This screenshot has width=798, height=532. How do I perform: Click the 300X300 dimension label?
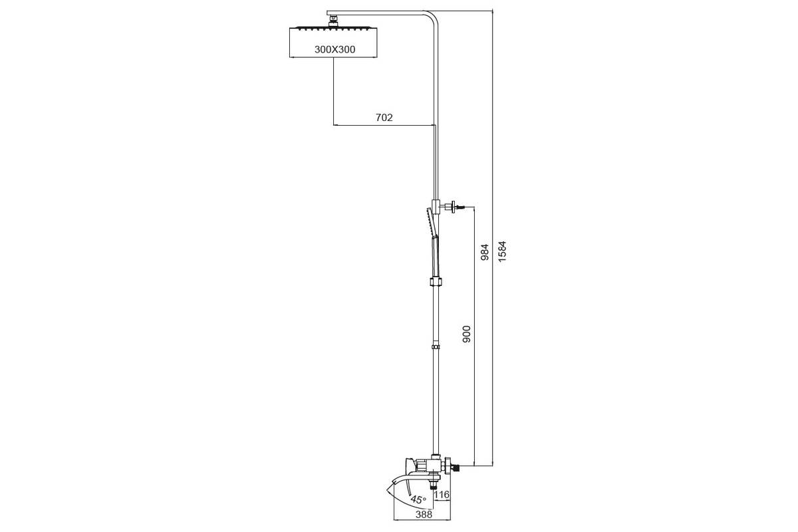(335, 49)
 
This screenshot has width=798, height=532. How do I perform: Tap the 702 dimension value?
(384, 117)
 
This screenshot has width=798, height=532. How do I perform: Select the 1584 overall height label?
(502, 251)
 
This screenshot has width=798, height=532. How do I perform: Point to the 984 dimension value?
(485, 252)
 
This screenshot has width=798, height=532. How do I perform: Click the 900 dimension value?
(467, 334)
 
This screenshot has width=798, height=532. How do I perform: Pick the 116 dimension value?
(442, 494)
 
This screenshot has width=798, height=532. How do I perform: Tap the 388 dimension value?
(424, 514)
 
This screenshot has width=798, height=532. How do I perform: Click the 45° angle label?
(418, 499)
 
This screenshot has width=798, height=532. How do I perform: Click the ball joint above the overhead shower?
(333, 21)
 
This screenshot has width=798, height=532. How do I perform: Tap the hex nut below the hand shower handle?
(436, 281)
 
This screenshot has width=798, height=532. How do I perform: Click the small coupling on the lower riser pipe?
(436, 346)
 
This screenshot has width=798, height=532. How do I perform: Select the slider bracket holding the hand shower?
(436, 206)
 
